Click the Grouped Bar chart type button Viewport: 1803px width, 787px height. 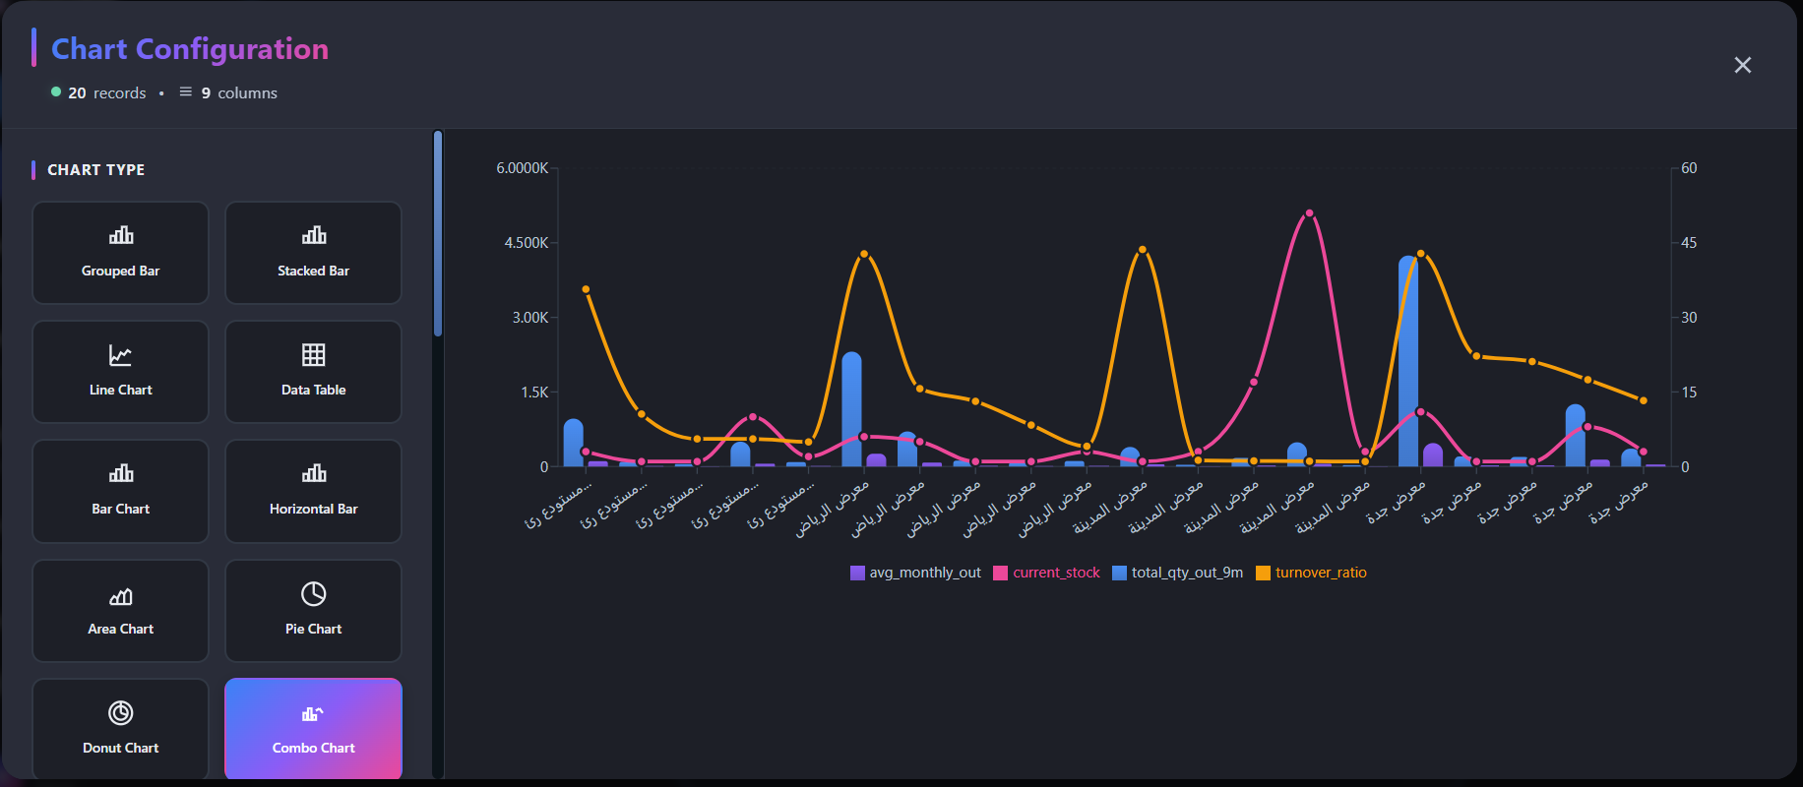(x=120, y=253)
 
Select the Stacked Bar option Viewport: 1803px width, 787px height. (x=313, y=253)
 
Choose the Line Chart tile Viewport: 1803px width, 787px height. (x=120, y=372)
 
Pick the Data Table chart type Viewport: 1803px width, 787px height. (x=313, y=372)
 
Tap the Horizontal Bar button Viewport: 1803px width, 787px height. (x=313, y=491)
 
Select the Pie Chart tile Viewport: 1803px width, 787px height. (x=313, y=611)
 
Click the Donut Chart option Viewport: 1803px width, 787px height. (x=120, y=729)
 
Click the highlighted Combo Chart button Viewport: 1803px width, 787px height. (x=313, y=729)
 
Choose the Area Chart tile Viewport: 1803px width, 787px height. (x=120, y=611)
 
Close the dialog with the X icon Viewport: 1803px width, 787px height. (x=1742, y=65)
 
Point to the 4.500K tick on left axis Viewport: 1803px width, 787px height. (x=526, y=243)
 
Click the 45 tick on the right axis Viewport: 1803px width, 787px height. (x=1689, y=243)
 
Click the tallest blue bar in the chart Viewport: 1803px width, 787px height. (x=1408, y=364)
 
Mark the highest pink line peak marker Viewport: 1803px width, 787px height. (x=1309, y=213)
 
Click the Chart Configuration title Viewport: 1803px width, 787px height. (x=190, y=49)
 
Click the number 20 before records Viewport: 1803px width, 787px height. (x=77, y=93)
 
